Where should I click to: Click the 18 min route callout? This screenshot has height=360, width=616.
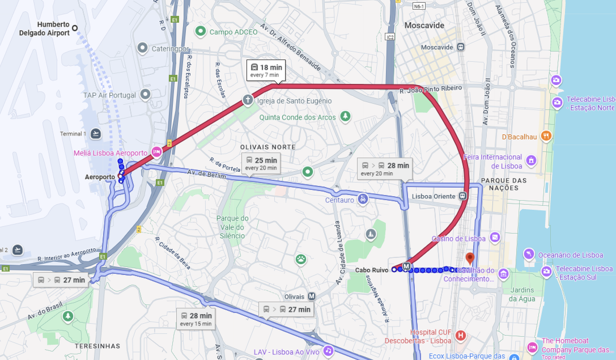pyautogui.click(x=266, y=70)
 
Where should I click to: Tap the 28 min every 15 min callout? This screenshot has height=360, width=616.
pyautogui.click(x=196, y=319)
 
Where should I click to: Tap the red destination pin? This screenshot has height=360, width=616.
pyautogui.click(x=470, y=259)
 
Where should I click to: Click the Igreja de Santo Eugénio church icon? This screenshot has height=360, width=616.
pyautogui.click(x=248, y=100)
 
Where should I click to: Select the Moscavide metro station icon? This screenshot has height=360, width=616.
pyautogui.click(x=461, y=47)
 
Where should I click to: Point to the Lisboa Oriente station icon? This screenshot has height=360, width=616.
pyautogui.click(x=463, y=196)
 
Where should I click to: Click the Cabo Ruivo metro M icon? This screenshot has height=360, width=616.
pyautogui.click(x=406, y=266)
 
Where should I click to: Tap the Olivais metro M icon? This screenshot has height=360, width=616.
pyautogui.click(x=312, y=297)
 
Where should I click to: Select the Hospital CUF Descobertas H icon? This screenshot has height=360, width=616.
pyautogui.click(x=460, y=336)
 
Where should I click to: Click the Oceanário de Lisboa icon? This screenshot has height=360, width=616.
pyautogui.click(x=528, y=253)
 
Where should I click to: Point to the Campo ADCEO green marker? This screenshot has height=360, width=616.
pyautogui.click(x=200, y=31)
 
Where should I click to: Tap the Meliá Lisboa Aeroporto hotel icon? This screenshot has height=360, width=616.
pyautogui.click(x=156, y=153)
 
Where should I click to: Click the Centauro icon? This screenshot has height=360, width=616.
pyautogui.click(x=363, y=199)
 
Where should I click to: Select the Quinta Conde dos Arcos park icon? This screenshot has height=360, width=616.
pyautogui.click(x=345, y=117)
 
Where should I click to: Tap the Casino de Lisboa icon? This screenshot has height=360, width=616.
pyautogui.click(x=495, y=237)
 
